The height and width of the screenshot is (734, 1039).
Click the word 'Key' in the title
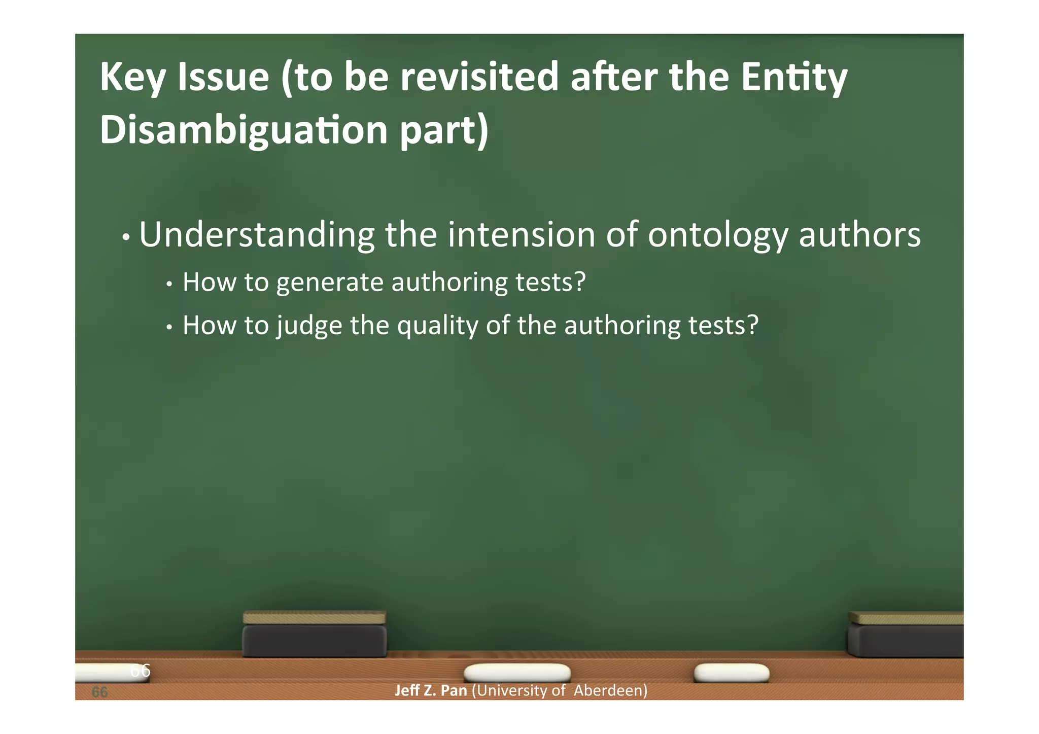(132, 78)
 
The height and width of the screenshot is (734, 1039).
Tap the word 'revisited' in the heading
(479, 77)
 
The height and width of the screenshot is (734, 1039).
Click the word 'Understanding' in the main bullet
(257, 235)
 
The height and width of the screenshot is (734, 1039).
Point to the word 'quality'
(437, 326)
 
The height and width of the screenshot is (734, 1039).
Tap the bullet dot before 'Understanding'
(126, 237)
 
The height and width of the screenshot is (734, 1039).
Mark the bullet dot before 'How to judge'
(170, 328)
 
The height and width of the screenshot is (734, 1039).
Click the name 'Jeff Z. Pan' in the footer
(431, 690)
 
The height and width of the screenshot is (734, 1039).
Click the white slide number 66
(140, 671)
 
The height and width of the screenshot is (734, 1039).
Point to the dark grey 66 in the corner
(99, 692)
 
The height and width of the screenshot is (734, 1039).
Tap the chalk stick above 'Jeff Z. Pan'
(517, 673)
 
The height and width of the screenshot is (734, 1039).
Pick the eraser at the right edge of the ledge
(906, 635)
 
